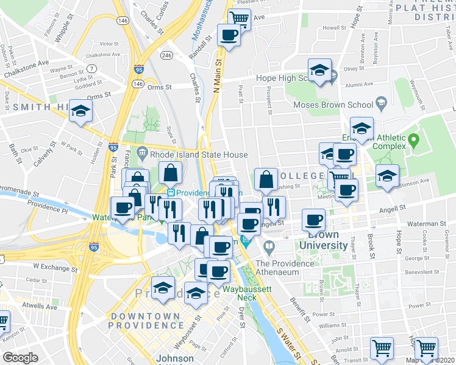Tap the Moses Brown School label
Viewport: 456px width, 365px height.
pyautogui.click(x=334, y=105)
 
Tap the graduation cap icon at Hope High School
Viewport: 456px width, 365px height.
pyautogui.click(x=319, y=70)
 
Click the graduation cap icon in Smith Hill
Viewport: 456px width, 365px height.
pyautogui.click(x=79, y=113)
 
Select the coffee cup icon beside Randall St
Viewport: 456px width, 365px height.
pyautogui.click(x=229, y=35)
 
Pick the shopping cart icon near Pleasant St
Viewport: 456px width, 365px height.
pyautogui.click(x=239, y=18)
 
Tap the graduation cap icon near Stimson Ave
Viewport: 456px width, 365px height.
pyautogui.click(x=387, y=176)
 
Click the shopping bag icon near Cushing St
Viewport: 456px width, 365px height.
pyautogui.click(x=266, y=179)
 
